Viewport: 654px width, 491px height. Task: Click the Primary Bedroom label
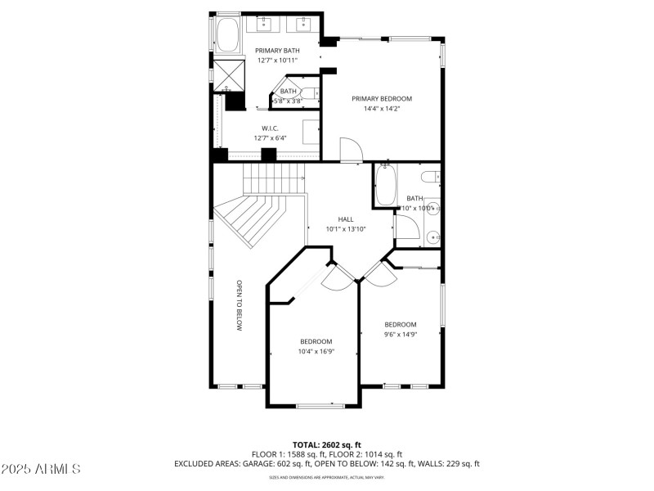tap(382, 98)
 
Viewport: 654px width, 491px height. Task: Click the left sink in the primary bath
tap(266, 25)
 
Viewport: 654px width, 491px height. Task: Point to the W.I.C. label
tap(271, 128)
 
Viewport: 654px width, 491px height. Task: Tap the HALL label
tap(346, 219)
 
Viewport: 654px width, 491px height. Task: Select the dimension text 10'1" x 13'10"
tap(346, 229)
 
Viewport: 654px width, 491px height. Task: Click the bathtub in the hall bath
tap(385, 185)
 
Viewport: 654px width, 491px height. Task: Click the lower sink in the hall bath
tap(433, 237)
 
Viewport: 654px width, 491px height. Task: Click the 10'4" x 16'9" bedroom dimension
tap(316, 351)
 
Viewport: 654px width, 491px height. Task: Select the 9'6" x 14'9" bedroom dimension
tap(401, 334)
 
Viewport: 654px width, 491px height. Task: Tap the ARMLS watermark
tap(41, 469)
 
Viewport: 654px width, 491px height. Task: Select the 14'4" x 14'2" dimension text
tap(382, 108)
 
